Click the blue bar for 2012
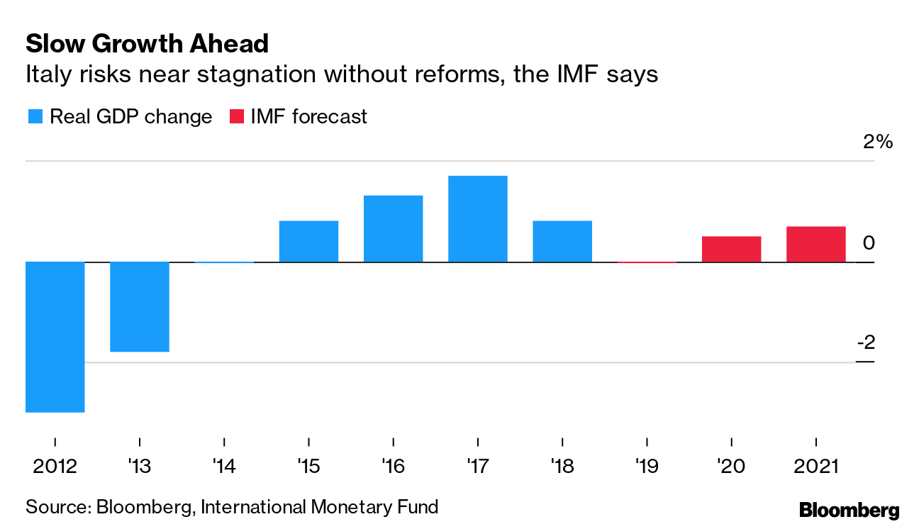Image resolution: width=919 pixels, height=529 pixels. (55, 337)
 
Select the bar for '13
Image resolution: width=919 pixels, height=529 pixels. (140, 306)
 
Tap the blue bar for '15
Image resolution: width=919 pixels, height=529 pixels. (308, 242)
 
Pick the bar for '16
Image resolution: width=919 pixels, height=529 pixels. (393, 229)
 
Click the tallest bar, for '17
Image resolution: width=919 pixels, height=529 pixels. (477, 219)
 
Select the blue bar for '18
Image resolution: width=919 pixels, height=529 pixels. (562, 242)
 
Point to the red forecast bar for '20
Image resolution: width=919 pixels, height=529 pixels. (731, 250)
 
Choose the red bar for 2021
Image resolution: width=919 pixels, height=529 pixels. (815, 245)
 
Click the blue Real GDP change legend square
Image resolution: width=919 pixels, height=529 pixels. (35, 116)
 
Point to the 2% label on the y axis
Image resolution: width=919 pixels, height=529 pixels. (878, 142)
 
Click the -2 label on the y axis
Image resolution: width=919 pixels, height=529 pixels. (866, 343)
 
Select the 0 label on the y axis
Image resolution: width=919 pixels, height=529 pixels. (869, 243)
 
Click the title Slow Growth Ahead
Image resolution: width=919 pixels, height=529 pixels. (147, 44)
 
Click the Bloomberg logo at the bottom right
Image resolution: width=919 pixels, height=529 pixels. (849, 510)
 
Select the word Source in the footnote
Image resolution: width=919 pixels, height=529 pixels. (56, 507)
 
